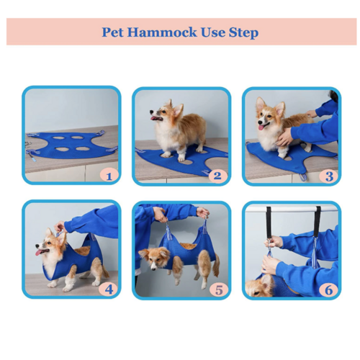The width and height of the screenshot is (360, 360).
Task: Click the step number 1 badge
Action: [109, 175]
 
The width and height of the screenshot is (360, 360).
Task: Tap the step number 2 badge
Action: [217, 175]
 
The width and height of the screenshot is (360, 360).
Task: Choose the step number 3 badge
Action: [328, 175]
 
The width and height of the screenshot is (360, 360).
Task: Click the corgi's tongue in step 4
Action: [40, 251]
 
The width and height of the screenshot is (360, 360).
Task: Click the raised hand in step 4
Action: [59, 227]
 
